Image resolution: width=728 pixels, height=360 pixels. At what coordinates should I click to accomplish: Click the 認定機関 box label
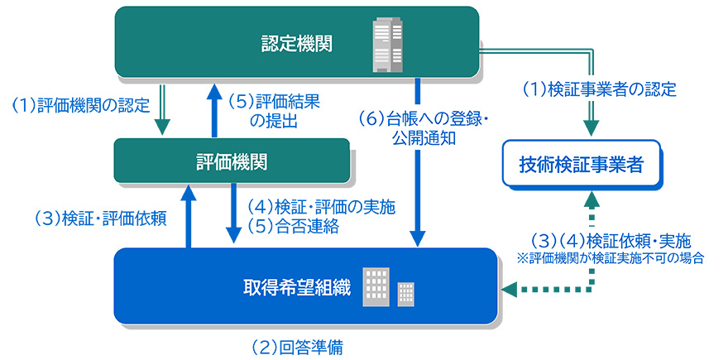pyautogui.click(x=296, y=43)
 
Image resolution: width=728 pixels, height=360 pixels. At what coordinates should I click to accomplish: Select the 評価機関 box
pyautogui.click(x=231, y=161)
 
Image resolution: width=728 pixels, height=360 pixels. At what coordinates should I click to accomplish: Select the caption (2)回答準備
pyautogui.click(x=297, y=347)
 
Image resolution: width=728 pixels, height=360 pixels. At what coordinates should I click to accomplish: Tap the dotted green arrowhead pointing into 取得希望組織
pyautogui.click(x=510, y=289)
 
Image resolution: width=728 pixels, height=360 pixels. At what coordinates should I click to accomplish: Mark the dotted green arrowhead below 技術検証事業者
pyautogui.click(x=591, y=199)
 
